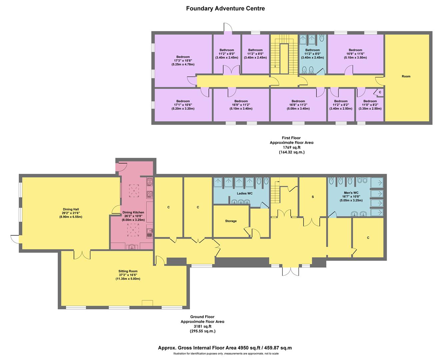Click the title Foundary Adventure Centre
pos(225,8)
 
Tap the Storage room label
pos(231,221)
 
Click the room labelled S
pos(313,197)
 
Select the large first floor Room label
pos(406,76)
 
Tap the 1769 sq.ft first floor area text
pos(291,147)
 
